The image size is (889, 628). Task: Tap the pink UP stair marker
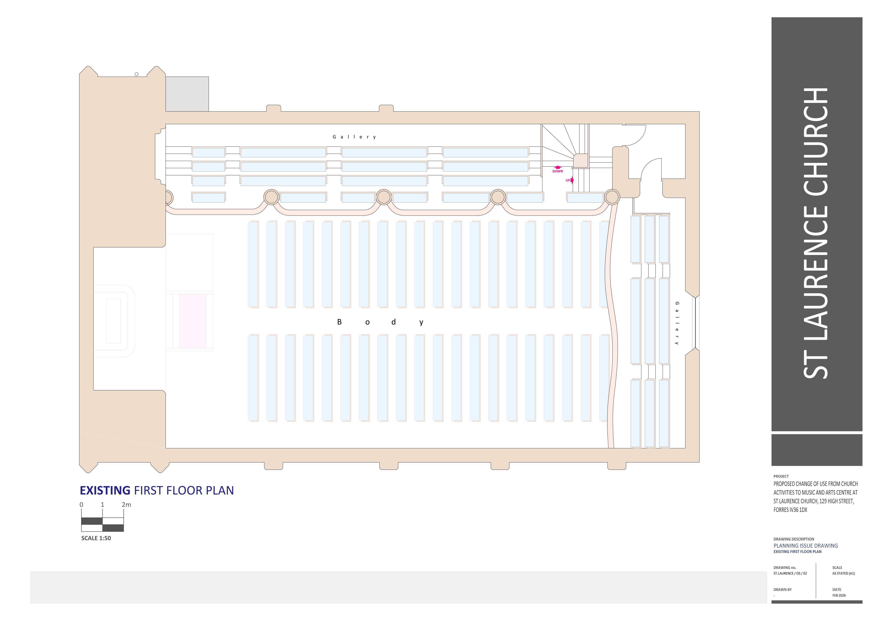569,180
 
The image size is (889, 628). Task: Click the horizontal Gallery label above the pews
354,137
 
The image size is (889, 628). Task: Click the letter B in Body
339,322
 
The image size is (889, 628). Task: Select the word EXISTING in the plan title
105,491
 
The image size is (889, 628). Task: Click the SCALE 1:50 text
96,538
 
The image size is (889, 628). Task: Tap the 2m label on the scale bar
126,505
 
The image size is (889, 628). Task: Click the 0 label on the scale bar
81,505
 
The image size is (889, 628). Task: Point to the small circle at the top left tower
136,74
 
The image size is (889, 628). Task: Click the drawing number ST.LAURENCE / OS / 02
790,573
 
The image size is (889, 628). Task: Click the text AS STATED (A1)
844,573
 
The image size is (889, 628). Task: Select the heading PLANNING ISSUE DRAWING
806,546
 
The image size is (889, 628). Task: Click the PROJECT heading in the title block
781,476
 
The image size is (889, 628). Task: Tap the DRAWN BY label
782,590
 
